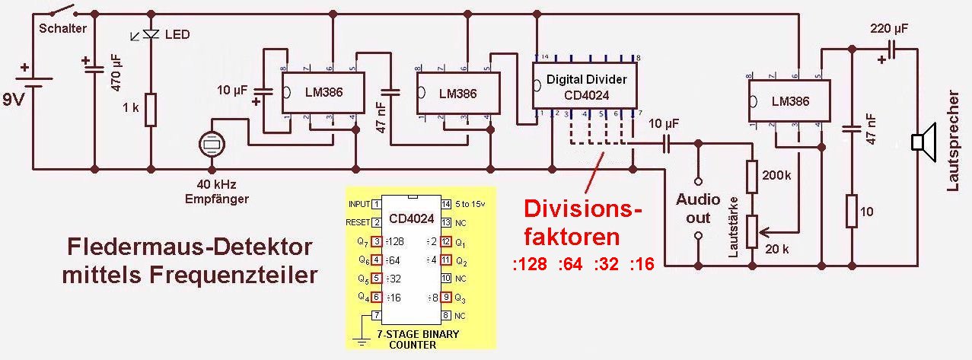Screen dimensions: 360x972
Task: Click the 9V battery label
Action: (x=16, y=99)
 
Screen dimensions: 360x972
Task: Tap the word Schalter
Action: (x=62, y=29)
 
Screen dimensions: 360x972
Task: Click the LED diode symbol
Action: (x=151, y=35)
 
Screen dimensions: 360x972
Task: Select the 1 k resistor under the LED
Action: (x=151, y=110)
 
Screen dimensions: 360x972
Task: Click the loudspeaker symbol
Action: (x=923, y=142)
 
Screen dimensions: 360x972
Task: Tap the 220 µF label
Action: (x=889, y=29)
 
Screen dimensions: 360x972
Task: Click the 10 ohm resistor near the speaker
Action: (x=852, y=210)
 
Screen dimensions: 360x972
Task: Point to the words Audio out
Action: (x=698, y=208)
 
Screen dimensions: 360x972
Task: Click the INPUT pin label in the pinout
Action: (x=359, y=204)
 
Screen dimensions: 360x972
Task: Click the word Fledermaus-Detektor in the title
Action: (x=190, y=248)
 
